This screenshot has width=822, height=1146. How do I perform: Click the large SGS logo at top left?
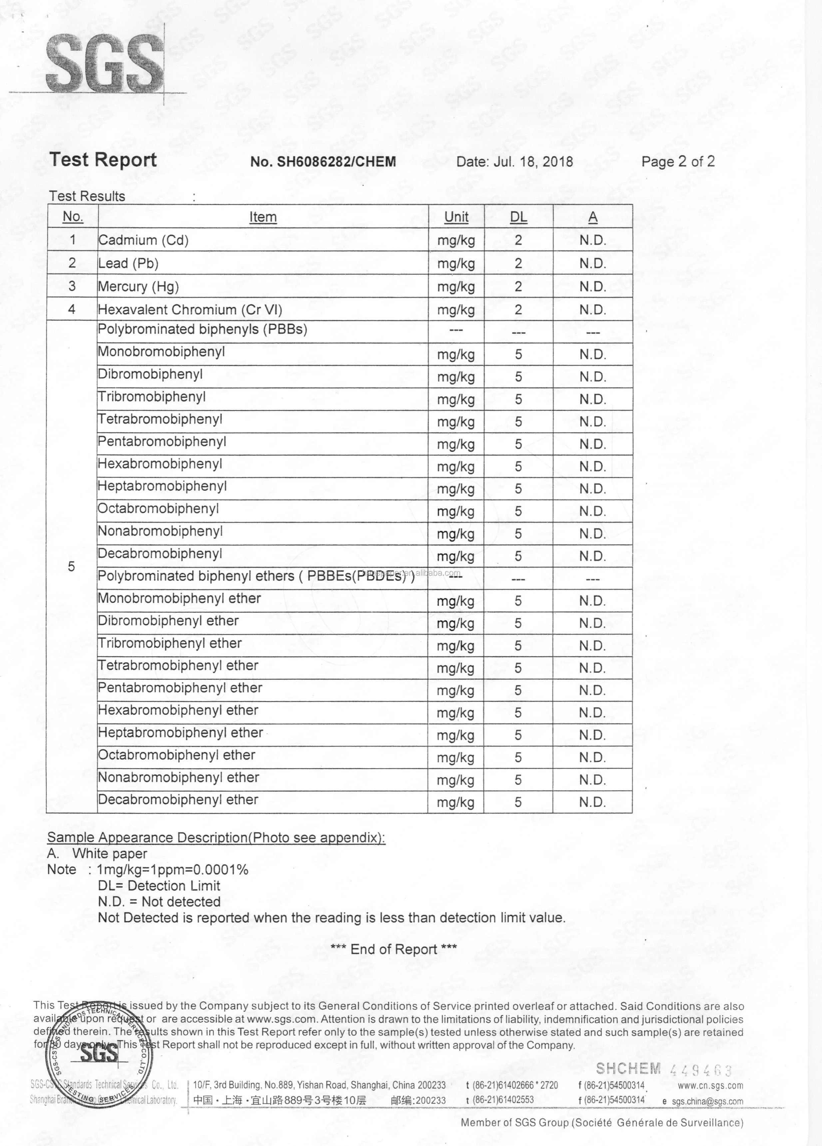pos(105,63)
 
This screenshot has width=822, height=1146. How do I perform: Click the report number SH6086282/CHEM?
pos(323,162)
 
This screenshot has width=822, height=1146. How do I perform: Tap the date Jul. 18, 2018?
pos(514,162)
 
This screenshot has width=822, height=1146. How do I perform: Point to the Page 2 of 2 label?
pos(677,162)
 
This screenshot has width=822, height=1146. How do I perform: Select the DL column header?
pos(518,217)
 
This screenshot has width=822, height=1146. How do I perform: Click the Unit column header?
pos(456,217)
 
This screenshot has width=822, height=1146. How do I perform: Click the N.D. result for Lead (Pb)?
pos(593,263)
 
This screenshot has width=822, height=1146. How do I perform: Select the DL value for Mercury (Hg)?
pos(518,286)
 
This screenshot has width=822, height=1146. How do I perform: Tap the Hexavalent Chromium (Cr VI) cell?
pos(190,310)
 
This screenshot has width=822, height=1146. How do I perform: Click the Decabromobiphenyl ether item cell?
pos(178,800)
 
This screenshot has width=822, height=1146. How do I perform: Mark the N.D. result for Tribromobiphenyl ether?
pos(593,646)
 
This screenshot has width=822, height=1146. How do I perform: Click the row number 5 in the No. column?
pos(71,567)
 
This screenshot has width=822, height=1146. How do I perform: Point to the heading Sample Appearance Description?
pos(216,838)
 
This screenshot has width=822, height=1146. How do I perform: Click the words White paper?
pos(110,854)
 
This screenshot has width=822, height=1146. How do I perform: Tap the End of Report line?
pos(394,950)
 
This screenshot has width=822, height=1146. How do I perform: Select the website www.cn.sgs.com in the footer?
pos(710,1085)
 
